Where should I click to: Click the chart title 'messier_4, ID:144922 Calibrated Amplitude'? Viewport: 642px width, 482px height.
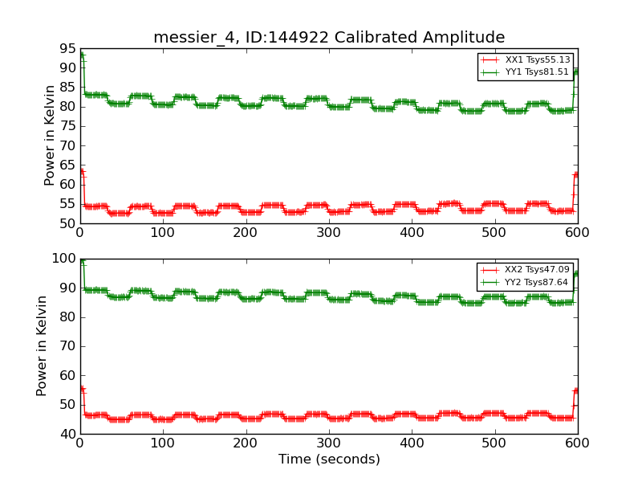pyautogui.click(x=329, y=38)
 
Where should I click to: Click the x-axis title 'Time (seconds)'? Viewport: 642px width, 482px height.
pyautogui.click(x=329, y=460)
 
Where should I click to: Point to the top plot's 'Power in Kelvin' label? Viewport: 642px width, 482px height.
pyautogui.click(x=50, y=135)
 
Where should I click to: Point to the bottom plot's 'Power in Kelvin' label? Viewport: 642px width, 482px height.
pyautogui.click(x=42, y=345)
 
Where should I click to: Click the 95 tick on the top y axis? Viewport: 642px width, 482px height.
pyautogui.click(x=65, y=48)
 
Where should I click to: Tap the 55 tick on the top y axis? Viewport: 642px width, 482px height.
pyautogui.click(x=65, y=204)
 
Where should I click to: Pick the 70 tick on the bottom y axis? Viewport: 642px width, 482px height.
pyautogui.click(x=65, y=346)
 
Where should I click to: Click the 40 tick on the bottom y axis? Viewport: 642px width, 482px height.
pyautogui.click(x=65, y=434)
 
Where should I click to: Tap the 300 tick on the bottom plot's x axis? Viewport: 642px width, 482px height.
pyautogui.click(x=329, y=443)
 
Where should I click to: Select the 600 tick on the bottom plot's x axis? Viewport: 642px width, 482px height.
pyautogui.click(x=577, y=443)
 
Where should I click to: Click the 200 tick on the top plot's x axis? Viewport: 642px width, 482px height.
pyautogui.click(x=246, y=232)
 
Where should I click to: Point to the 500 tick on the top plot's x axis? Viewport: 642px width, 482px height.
pyautogui.click(x=494, y=232)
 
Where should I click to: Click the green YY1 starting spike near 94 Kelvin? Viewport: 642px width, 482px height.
pyautogui.click(x=81, y=55)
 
